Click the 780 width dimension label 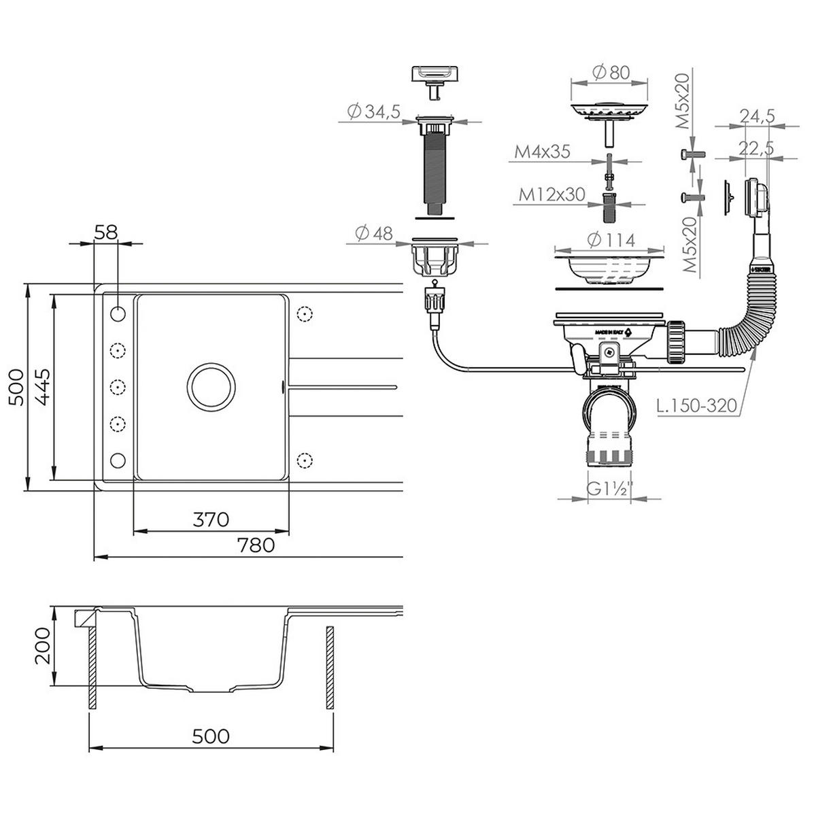point(256,545)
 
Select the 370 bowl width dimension point(211,520)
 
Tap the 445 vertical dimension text point(41,386)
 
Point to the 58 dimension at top point(106,232)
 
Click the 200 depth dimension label point(43,646)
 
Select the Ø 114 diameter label point(609,240)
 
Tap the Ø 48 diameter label point(373,233)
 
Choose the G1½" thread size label point(610,489)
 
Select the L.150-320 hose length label point(698,406)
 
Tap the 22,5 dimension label point(758,148)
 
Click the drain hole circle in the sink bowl point(211,386)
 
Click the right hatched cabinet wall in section point(330,669)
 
